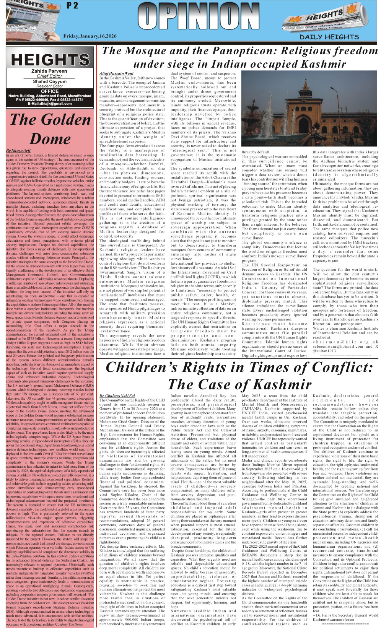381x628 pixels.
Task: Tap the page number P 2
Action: click(x=72, y=5)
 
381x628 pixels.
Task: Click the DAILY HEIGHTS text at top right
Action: click(x=329, y=37)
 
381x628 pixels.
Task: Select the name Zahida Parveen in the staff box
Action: click(x=49, y=71)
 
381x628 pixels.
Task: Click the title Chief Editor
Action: click(x=49, y=76)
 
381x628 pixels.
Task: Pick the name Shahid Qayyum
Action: click(x=49, y=81)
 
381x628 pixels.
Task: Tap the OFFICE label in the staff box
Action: click(x=50, y=91)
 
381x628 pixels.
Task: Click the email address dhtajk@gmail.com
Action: click(x=50, y=104)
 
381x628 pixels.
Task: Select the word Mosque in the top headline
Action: click(x=150, y=51)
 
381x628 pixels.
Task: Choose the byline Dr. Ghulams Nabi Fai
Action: click(x=117, y=395)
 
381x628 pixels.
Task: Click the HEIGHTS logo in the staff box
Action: click(x=50, y=60)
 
